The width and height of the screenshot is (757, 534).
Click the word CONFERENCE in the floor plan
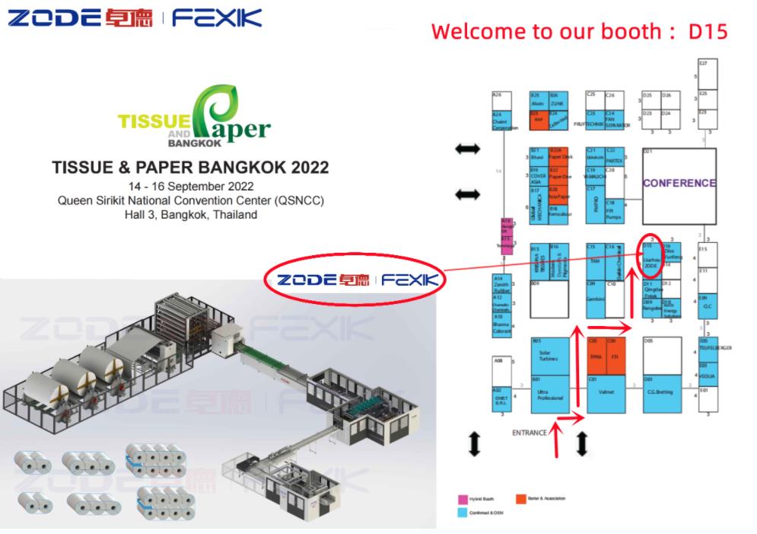pyautogui.click(x=679, y=183)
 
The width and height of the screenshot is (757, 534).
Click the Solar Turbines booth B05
pyautogui.click(x=549, y=356)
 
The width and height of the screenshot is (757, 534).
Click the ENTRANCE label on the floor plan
pyautogui.click(x=530, y=433)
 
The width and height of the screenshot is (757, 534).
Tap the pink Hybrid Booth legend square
pyautogui.click(x=462, y=499)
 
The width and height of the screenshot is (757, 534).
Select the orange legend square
pyautogui.click(x=521, y=499)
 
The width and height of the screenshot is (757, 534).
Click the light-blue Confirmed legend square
pyautogui.click(x=462, y=513)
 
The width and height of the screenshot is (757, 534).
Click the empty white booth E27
pyautogui.click(x=708, y=74)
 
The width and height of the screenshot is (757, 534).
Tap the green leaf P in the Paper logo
pyautogui.click(x=208, y=114)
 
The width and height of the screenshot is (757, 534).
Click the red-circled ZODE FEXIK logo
pyautogui.click(x=356, y=280)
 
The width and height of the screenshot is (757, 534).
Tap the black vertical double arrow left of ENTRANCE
pyautogui.click(x=474, y=443)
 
